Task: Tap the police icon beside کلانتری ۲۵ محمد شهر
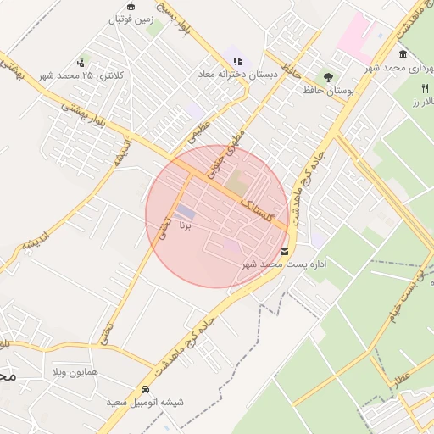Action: click(x=81, y=62)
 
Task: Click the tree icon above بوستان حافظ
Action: click(x=327, y=77)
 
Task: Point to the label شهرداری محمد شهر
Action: click(x=398, y=66)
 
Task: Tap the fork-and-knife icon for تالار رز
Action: click(x=425, y=88)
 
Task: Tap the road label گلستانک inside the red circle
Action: click(x=256, y=205)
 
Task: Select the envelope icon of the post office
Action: click(x=283, y=251)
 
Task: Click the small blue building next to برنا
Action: click(x=185, y=210)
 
